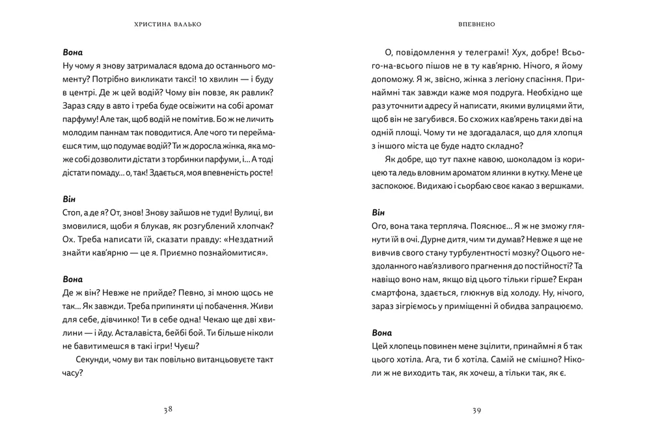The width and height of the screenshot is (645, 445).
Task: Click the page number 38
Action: [x=168, y=410]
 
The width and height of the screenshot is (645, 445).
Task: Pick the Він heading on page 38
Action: [x=70, y=199]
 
